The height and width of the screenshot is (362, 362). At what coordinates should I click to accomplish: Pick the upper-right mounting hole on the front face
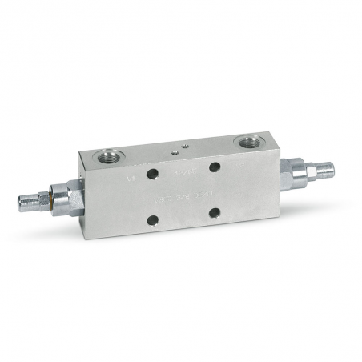(x=215, y=167)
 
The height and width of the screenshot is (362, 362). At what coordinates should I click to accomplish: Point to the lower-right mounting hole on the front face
(x=215, y=213)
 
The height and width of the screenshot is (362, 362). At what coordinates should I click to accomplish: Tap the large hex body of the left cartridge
(x=68, y=197)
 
